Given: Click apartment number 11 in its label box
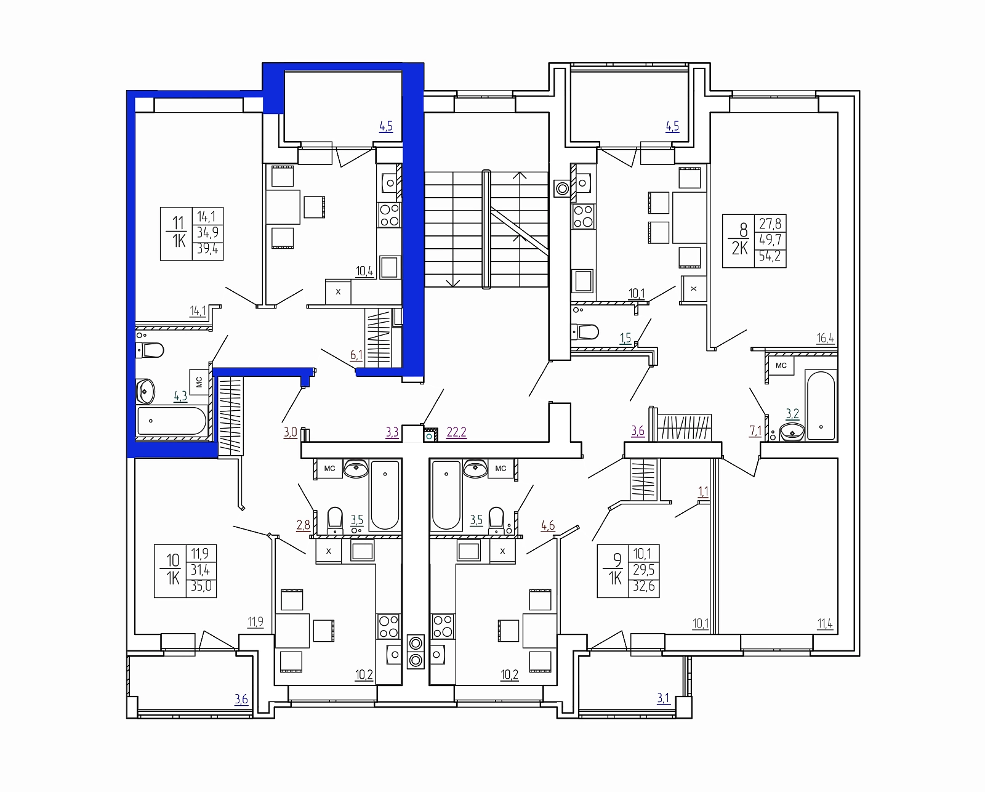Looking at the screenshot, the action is (177, 223).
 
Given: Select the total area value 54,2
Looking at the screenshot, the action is (770, 256).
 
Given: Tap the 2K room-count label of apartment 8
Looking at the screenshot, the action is (739, 248).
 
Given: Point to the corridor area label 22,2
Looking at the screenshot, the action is (456, 432).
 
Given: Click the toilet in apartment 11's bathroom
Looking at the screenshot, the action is (150, 351).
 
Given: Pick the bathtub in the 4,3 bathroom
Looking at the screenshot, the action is (172, 421).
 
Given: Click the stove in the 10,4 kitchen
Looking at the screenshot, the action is (390, 216).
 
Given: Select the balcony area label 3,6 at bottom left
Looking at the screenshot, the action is (241, 699).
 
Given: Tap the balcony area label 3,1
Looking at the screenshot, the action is (663, 698).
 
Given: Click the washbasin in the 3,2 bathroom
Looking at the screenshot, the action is (792, 432).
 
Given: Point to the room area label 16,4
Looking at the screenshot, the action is (826, 338).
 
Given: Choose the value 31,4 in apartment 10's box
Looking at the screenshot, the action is (201, 570).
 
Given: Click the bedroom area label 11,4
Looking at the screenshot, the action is (826, 623).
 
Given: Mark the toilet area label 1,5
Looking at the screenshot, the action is (625, 338).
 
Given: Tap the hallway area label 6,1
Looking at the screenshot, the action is (356, 355).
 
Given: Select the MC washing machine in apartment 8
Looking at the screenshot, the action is (781, 366).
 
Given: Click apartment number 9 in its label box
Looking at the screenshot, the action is (617, 560).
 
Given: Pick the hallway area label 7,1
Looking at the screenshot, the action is (755, 431).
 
